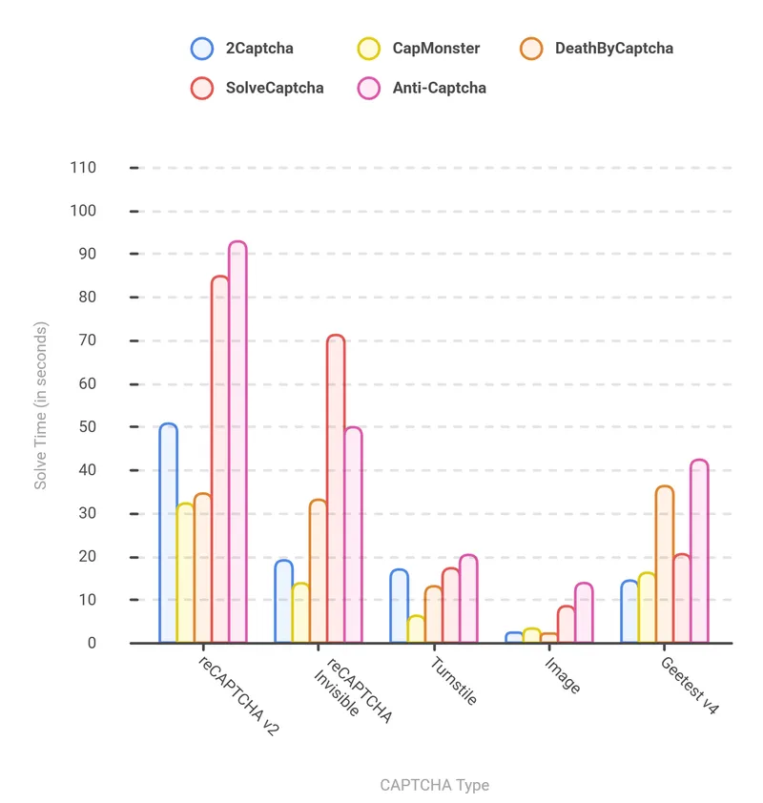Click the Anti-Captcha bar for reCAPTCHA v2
237,443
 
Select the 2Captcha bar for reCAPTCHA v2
168,533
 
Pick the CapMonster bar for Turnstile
416,629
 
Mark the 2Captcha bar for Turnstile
399,606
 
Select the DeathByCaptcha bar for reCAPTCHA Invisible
318,571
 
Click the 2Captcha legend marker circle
202,48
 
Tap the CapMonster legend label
436,48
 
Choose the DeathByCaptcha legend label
613,48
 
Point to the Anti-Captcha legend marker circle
368,88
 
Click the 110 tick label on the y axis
83,168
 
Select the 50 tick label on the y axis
87,427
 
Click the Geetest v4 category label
690,685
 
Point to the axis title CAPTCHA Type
434,786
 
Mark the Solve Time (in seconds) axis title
40,405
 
